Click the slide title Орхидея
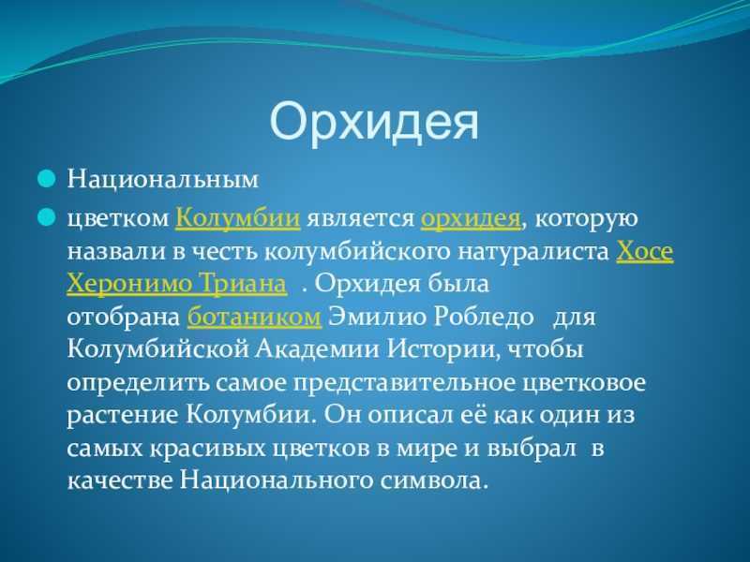(x=374, y=122)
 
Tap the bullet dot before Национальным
(x=47, y=179)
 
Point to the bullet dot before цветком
(x=47, y=217)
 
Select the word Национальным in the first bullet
(x=163, y=179)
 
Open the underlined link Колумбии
(x=238, y=218)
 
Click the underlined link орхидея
(x=471, y=219)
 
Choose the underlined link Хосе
(x=645, y=251)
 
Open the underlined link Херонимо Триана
(x=177, y=284)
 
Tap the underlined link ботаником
(x=254, y=317)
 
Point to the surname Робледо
(x=483, y=317)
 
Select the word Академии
(x=317, y=349)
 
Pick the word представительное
(x=404, y=383)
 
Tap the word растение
(x=123, y=415)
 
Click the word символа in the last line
(x=434, y=481)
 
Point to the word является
(x=361, y=219)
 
